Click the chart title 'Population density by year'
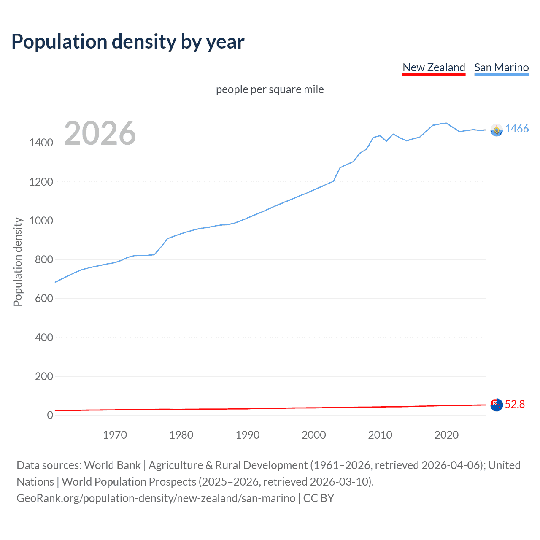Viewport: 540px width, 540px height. (x=128, y=42)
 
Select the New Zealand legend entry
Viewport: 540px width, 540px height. (x=434, y=67)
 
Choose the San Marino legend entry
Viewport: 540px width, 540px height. (x=501, y=67)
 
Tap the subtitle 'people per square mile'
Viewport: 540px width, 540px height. (x=270, y=89)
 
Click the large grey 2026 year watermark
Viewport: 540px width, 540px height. (x=100, y=133)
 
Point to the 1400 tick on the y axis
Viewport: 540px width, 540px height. (x=41, y=143)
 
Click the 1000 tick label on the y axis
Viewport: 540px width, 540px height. (x=41, y=221)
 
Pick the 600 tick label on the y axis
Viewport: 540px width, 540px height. (x=44, y=298)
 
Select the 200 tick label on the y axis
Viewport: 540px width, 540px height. (x=44, y=376)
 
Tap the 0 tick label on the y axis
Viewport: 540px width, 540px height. (x=50, y=415)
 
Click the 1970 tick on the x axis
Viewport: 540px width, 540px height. (x=115, y=435)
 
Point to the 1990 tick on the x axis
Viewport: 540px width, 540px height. (x=248, y=435)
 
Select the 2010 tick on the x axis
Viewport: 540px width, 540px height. (x=380, y=435)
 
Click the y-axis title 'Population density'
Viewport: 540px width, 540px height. (x=18, y=262)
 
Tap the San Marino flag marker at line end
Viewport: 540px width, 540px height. (x=497, y=130)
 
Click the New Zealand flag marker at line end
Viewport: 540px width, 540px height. (x=497, y=405)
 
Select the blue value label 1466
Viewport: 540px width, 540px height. (x=517, y=129)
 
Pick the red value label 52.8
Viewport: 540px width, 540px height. (x=515, y=404)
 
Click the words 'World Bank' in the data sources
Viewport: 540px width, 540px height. (x=112, y=465)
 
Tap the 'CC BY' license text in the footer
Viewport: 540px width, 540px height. (x=319, y=498)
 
